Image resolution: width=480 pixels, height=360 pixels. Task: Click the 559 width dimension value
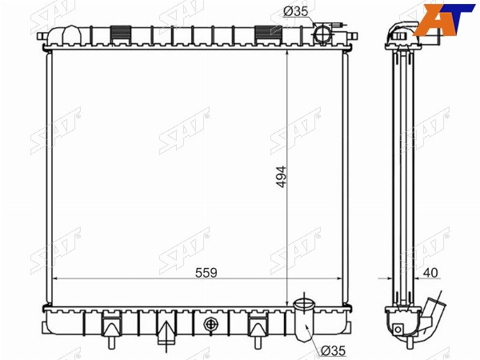click(206, 273)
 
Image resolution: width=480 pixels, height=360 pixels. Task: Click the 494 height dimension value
click(281, 176)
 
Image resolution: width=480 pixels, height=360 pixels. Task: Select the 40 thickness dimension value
click(430, 273)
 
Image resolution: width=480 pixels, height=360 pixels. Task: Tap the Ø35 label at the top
click(295, 11)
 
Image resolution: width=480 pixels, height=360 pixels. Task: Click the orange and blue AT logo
click(446, 19)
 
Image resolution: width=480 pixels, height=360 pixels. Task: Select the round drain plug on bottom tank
click(210, 323)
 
